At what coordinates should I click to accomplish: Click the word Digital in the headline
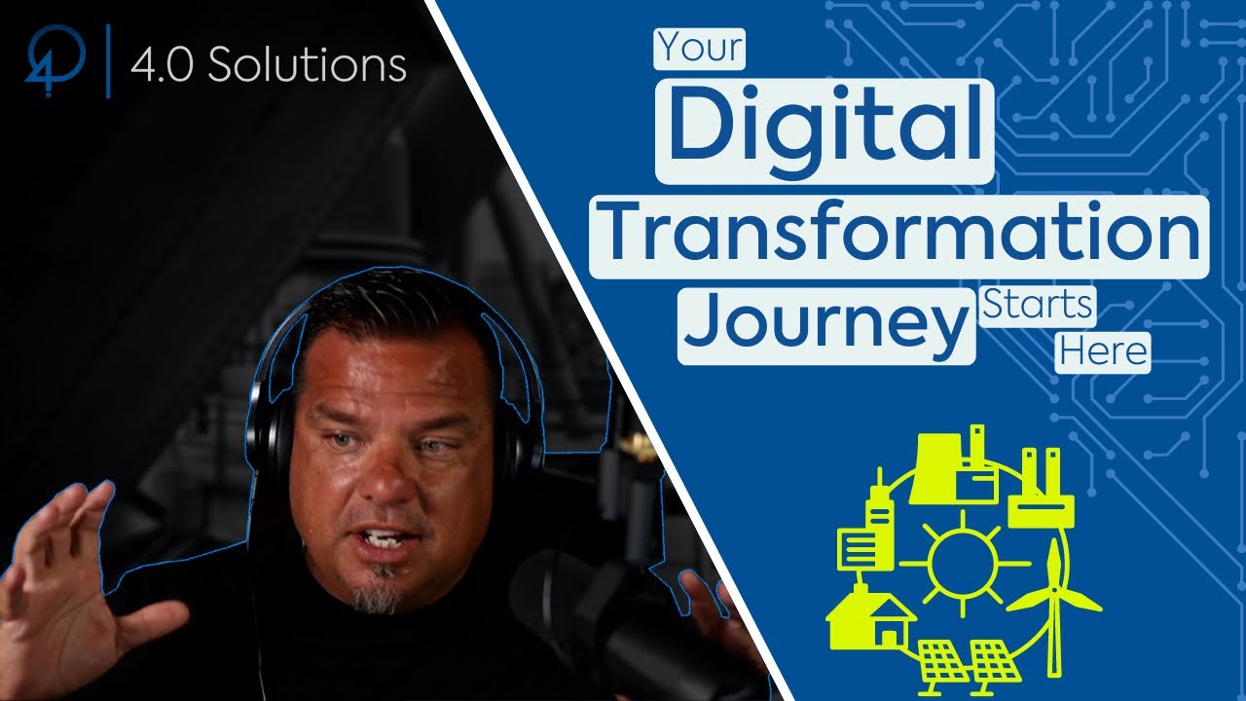point(825,129)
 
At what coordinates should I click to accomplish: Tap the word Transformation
point(898,236)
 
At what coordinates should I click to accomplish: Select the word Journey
point(826,324)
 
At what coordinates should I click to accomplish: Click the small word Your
point(700,48)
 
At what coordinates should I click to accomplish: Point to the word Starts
point(1037,305)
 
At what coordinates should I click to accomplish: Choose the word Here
point(1104,350)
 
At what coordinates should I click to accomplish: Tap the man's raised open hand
point(68,574)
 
